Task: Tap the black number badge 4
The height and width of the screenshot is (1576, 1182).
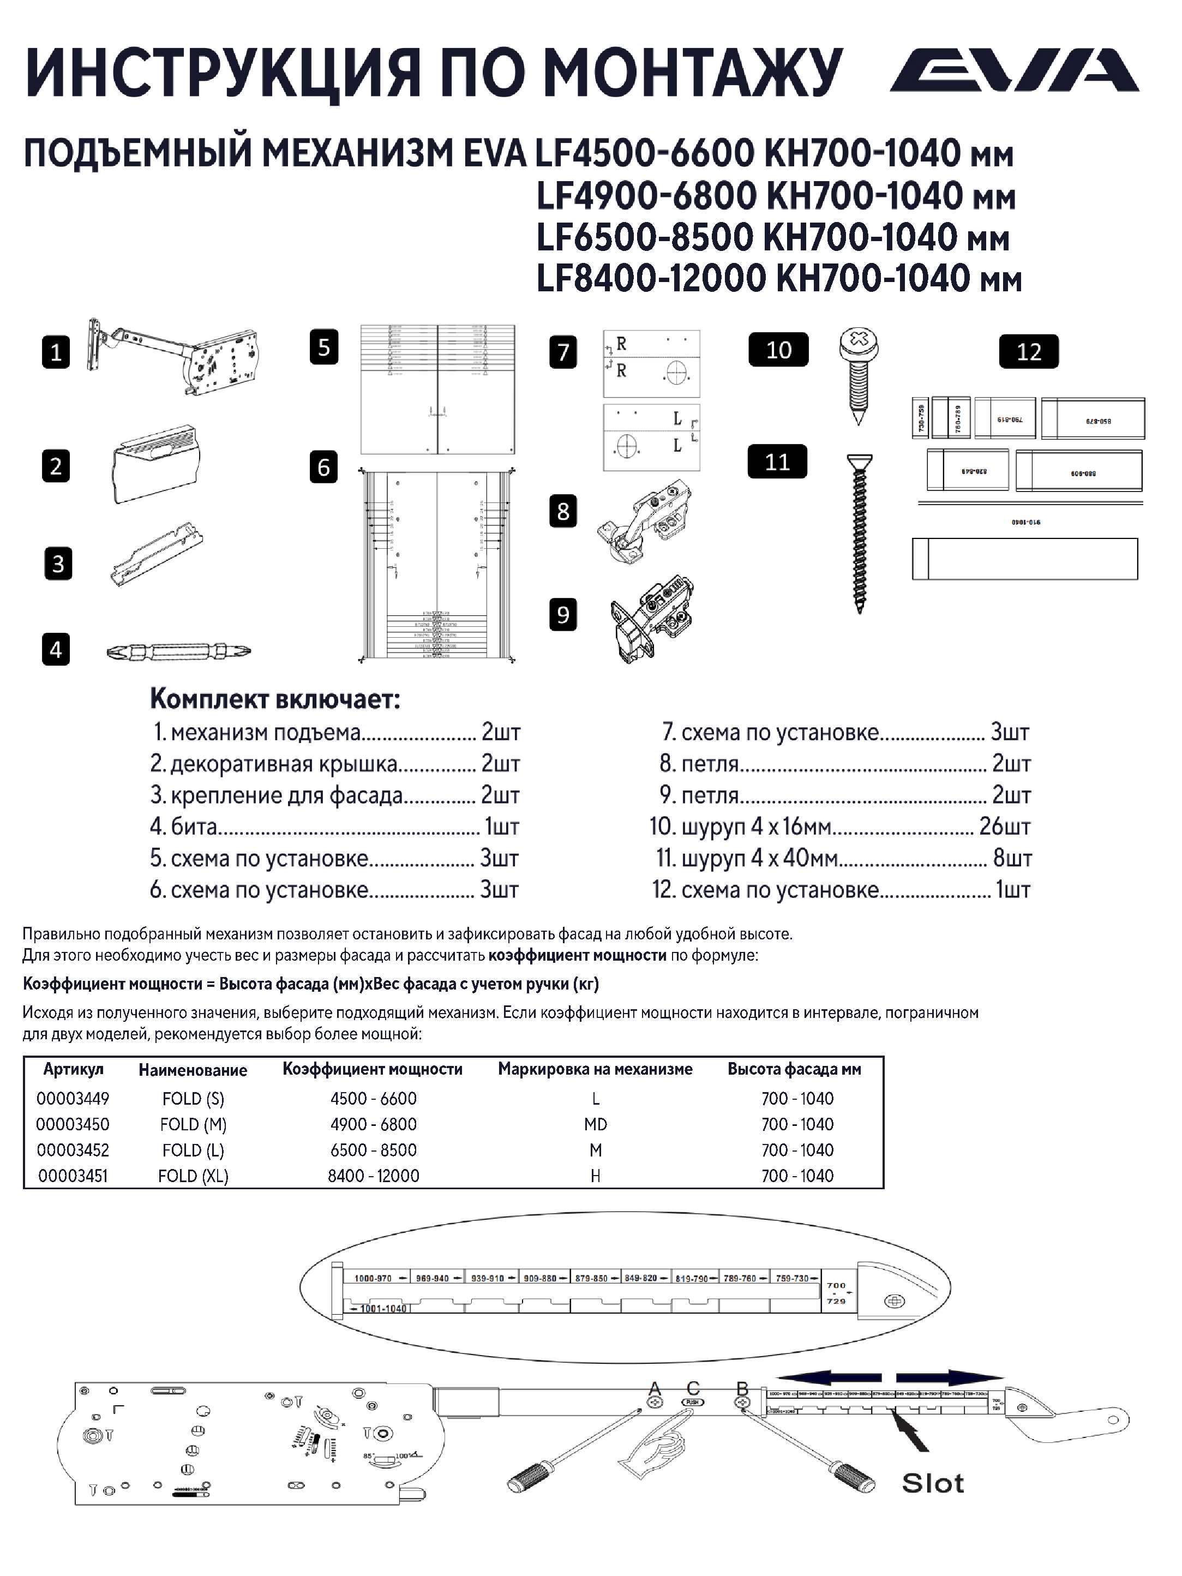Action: [x=56, y=650]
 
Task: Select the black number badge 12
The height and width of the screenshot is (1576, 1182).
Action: [x=1028, y=352]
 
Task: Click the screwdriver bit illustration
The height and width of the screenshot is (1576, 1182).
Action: [x=178, y=651]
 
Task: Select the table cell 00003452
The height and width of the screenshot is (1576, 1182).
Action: [x=73, y=1150]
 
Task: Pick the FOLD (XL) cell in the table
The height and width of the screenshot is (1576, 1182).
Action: [x=193, y=1176]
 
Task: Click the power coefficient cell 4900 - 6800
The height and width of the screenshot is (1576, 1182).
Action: [x=373, y=1124]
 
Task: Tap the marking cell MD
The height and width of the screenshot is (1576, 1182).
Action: [x=595, y=1124]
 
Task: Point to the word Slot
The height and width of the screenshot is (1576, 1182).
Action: [x=933, y=1483]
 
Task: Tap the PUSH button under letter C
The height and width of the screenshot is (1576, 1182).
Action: [x=693, y=1402]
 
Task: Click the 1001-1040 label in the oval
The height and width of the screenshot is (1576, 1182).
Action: [x=382, y=1309]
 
